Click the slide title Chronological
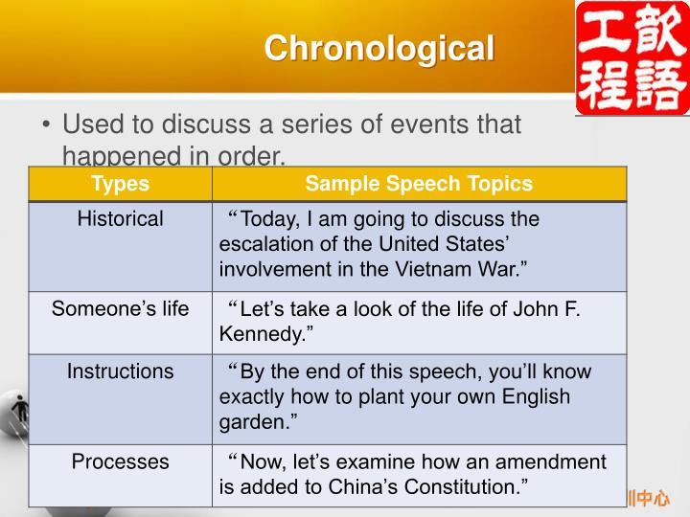coord(379,47)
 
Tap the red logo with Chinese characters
coord(632,58)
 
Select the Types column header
coord(120,184)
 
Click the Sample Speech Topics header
coord(419,184)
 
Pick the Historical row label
coord(120,219)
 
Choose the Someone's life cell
coord(120,309)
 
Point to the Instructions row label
coord(120,371)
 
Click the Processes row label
coord(120,461)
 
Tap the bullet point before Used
coord(45,125)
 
